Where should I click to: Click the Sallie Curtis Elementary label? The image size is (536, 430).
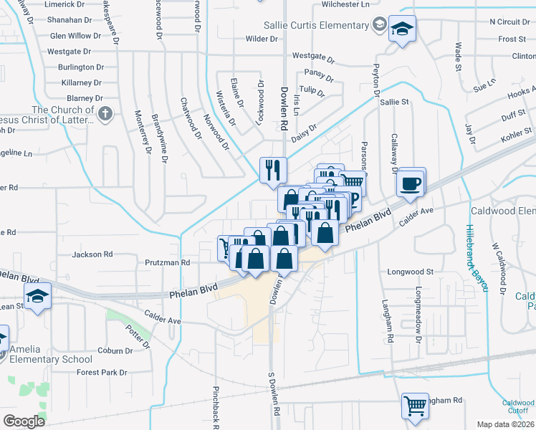point(315,26)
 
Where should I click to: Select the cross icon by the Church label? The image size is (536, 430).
point(105,113)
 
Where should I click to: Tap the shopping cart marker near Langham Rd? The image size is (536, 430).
point(415,406)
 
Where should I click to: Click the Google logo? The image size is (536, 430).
point(24,421)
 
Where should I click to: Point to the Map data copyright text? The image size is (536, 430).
point(505,424)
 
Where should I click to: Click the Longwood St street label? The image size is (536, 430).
point(411,272)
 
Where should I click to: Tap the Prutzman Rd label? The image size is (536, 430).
point(165,263)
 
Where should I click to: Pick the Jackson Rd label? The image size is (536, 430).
point(92,254)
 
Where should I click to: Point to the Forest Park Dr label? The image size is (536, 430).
point(102,373)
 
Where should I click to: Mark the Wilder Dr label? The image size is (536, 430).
point(261,39)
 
